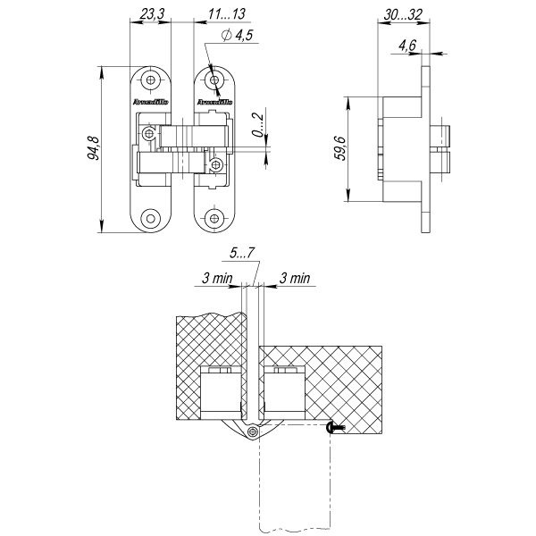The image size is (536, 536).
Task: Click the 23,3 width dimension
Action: (x=152, y=15)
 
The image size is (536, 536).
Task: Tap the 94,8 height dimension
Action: (x=93, y=148)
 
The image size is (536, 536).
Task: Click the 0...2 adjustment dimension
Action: (x=257, y=127)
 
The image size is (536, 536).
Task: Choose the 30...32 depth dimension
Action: (x=400, y=15)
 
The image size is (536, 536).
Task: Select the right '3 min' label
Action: (x=295, y=279)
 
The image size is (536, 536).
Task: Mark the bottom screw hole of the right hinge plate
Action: (x=214, y=217)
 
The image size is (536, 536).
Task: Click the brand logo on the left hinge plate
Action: (x=149, y=103)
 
